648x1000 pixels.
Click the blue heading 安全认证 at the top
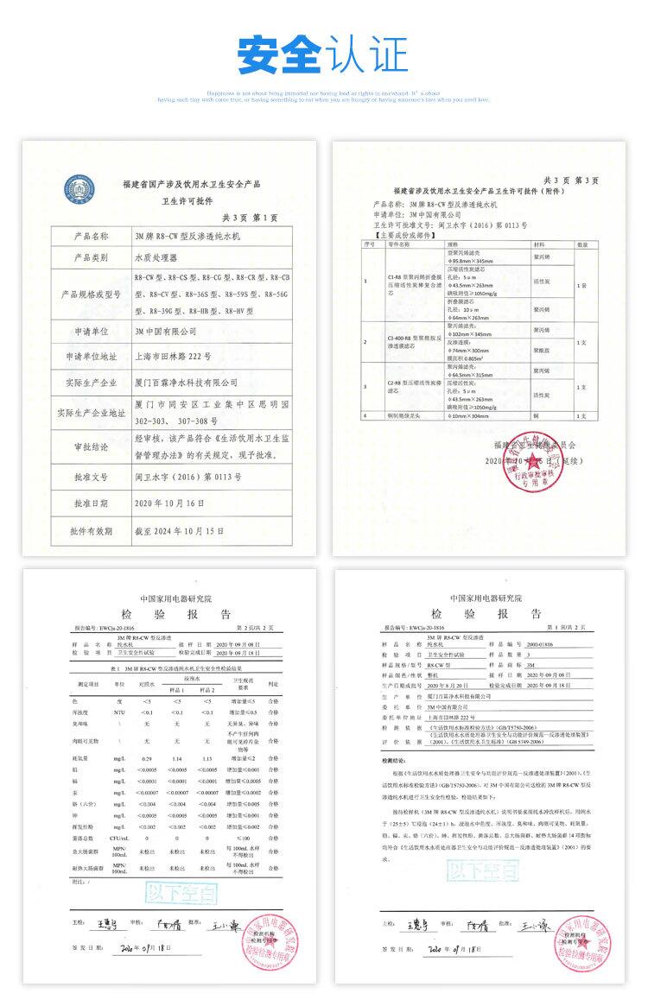point(323,54)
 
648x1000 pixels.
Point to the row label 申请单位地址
point(86,356)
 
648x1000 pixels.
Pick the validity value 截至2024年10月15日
point(179,530)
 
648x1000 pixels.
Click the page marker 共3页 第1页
point(250,217)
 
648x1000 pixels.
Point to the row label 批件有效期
point(86,530)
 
